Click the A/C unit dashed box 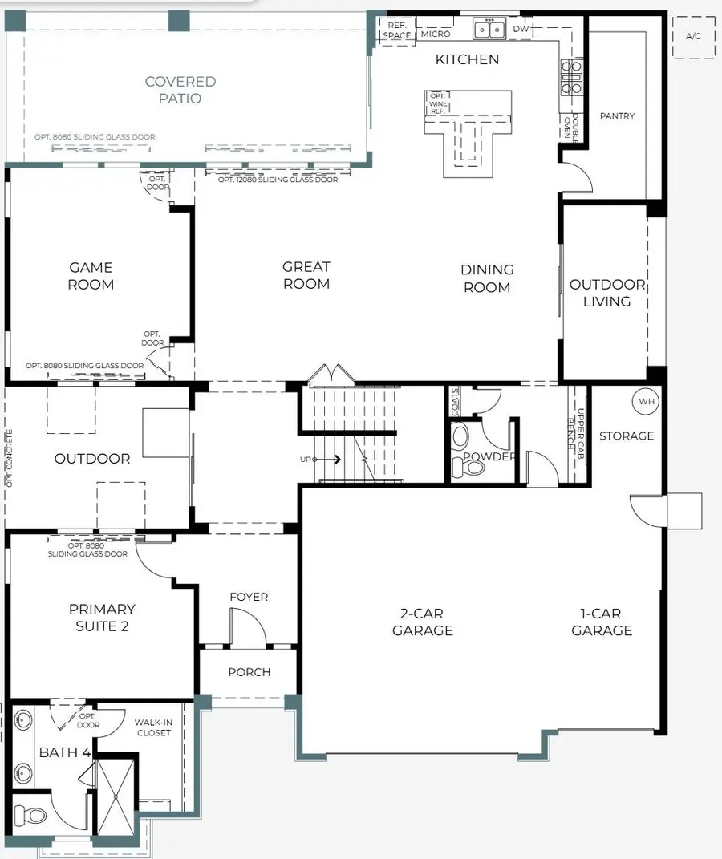pos(693,37)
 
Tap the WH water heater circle pos(647,401)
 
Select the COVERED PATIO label pos(180,90)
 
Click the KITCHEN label pos(467,59)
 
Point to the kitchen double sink pos(489,30)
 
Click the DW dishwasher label pos(521,29)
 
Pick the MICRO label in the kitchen pos(436,34)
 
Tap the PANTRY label pos(617,116)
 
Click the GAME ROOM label pos(91,276)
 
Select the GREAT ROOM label pos(306,275)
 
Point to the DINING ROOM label pos(487,278)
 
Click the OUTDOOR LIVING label pos(606,293)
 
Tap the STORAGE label pos(627,436)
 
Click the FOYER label pos(249,597)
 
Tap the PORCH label pos(249,672)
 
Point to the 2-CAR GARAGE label pos(422,622)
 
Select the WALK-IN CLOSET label pos(153,727)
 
